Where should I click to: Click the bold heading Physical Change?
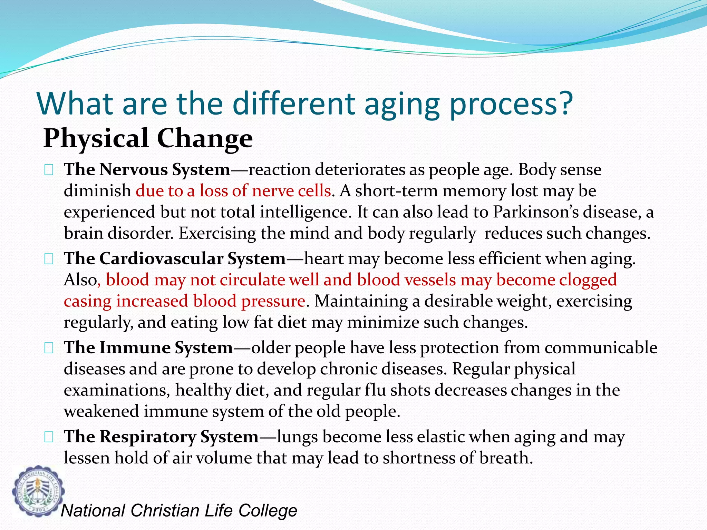click(148, 138)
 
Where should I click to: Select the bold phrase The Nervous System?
click(147, 169)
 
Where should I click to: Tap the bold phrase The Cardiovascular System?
click(175, 258)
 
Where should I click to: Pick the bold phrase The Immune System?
click(148, 347)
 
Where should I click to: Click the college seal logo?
click(38, 491)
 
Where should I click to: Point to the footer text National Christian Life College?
click(179, 511)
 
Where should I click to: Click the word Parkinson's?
click(535, 212)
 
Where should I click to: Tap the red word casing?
click(87, 301)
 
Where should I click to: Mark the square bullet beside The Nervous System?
click(49, 170)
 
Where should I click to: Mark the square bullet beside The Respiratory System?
click(49, 437)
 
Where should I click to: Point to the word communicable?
click(601, 347)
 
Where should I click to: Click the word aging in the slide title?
click(402, 104)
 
